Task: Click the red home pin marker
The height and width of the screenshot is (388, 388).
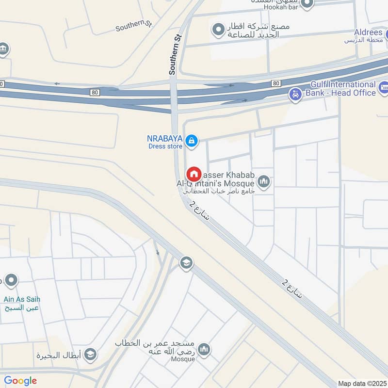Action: [194, 174]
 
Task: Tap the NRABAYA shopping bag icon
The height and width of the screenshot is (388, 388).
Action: [192, 141]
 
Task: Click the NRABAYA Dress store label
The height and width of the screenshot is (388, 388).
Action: [165, 142]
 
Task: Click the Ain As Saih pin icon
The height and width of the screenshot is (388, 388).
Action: [11, 280]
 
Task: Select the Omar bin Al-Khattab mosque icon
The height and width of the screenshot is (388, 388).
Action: [204, 349]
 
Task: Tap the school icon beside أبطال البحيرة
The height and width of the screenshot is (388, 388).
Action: [90, 355]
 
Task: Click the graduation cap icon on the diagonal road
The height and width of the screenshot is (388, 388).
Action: [186, 263]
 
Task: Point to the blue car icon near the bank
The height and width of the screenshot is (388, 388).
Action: [294, 94]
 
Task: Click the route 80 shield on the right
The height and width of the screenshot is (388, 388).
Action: [276, 83]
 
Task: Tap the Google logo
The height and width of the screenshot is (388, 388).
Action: [20, 381]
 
